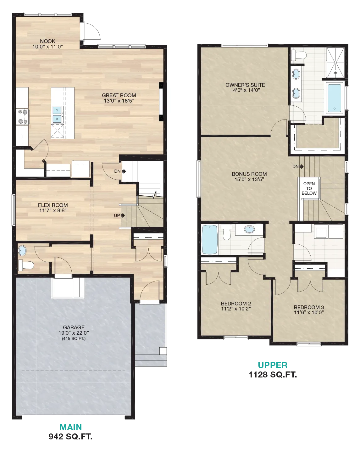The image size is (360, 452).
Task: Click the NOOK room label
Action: [x=48, y=41]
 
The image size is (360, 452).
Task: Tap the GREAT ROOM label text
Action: [x=119, y=95]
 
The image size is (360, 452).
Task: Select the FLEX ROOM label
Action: [x=53, y=205]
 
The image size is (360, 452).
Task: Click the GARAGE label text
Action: [x=74, y=327]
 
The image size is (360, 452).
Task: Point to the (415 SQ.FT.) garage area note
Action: [x=74, y=338]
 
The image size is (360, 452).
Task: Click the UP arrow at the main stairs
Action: [x=123, y=215]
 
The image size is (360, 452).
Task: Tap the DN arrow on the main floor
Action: [x=124, y=171]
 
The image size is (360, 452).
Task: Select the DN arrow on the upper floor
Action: [x=302, y=167]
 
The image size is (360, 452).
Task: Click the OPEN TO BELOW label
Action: [x=309, y=188]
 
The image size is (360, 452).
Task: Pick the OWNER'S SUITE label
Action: [x=245, y=85]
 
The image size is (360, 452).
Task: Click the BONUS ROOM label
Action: [x=249, y=174]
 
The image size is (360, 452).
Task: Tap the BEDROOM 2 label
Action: [x=236, y=304]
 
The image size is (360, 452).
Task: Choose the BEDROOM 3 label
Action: [x=309, y=307]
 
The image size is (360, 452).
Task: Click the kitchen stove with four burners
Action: [x=23, y=117]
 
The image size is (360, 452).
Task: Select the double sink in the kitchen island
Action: [x=57, y=114]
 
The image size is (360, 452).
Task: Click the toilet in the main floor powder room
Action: [x=26, y=265]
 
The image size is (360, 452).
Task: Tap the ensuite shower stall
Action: [x=335, y=63]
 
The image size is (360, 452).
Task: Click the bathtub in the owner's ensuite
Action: [x=334, y=98]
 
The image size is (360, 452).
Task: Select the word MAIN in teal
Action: [x=70, y=427]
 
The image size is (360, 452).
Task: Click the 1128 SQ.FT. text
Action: [x=273, y=375]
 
